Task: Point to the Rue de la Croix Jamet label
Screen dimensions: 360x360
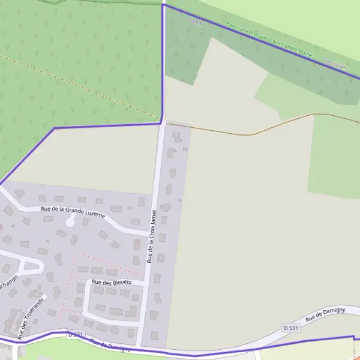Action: click(151, 236)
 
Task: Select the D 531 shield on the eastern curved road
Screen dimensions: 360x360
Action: click(290, 328)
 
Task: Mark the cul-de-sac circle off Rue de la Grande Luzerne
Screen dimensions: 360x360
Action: click(70, 223)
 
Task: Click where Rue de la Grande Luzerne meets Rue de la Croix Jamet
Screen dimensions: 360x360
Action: click(148, 232)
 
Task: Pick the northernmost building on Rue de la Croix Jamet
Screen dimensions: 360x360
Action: click(176, 135)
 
